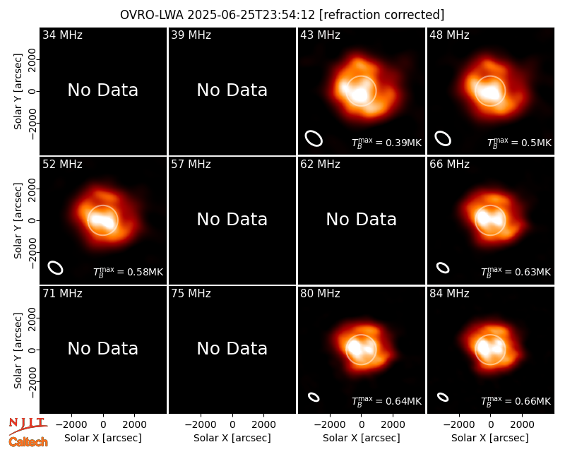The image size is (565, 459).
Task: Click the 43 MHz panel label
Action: tap(320, 35)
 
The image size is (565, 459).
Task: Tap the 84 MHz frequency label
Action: tap(449, 294)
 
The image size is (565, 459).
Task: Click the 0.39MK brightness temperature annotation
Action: tap(386, 143)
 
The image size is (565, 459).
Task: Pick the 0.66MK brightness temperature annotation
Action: tap(516, 401)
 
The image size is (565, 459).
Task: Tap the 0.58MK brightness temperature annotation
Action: tap(129, 272)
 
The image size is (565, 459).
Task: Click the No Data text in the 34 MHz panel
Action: tap(103, 90)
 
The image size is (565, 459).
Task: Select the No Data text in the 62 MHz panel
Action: tap(362, 219)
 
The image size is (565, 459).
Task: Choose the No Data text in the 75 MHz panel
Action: tap(232, 348)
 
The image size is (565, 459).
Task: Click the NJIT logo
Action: tap(28, 426)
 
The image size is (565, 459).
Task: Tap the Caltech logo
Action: tap(28, 442)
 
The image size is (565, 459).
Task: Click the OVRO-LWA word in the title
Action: tap(152, 15)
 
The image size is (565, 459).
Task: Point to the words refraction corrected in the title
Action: tap(382, 15)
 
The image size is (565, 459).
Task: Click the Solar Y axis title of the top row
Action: tap(18, 92)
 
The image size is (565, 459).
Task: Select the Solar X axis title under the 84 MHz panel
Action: tap(490, 438)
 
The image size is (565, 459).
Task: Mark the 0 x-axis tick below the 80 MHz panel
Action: tap(362, 425)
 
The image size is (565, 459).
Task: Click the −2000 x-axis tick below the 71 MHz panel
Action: tap(71, 425)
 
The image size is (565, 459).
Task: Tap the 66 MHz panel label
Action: tap(449, 165)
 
